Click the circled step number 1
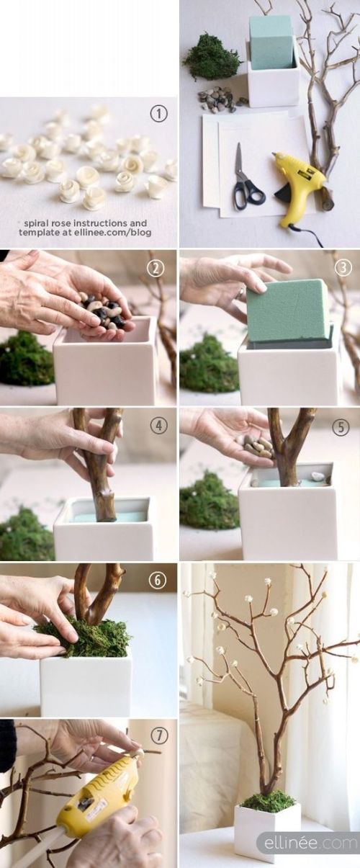click(159, 114)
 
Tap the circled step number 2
click(156, 268)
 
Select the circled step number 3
click(343, 268)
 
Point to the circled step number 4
click(158, 426)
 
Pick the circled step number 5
click(341, 426)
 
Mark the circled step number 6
click(158, 580)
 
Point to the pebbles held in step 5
click(259, 446)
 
